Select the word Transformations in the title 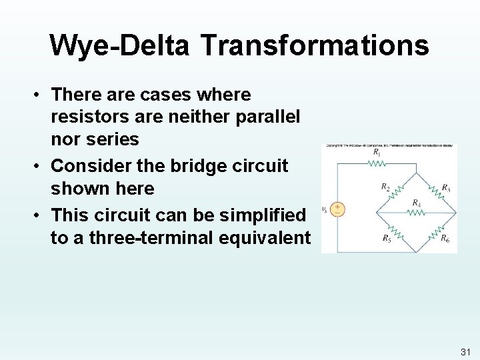[314, 45]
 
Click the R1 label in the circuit [377, 153]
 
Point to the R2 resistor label [385, 187]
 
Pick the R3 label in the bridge [446, 187]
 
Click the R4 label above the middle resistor [416, 203]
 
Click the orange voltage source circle [338, 209]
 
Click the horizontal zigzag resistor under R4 [416, 213]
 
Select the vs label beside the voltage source [325, 209]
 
